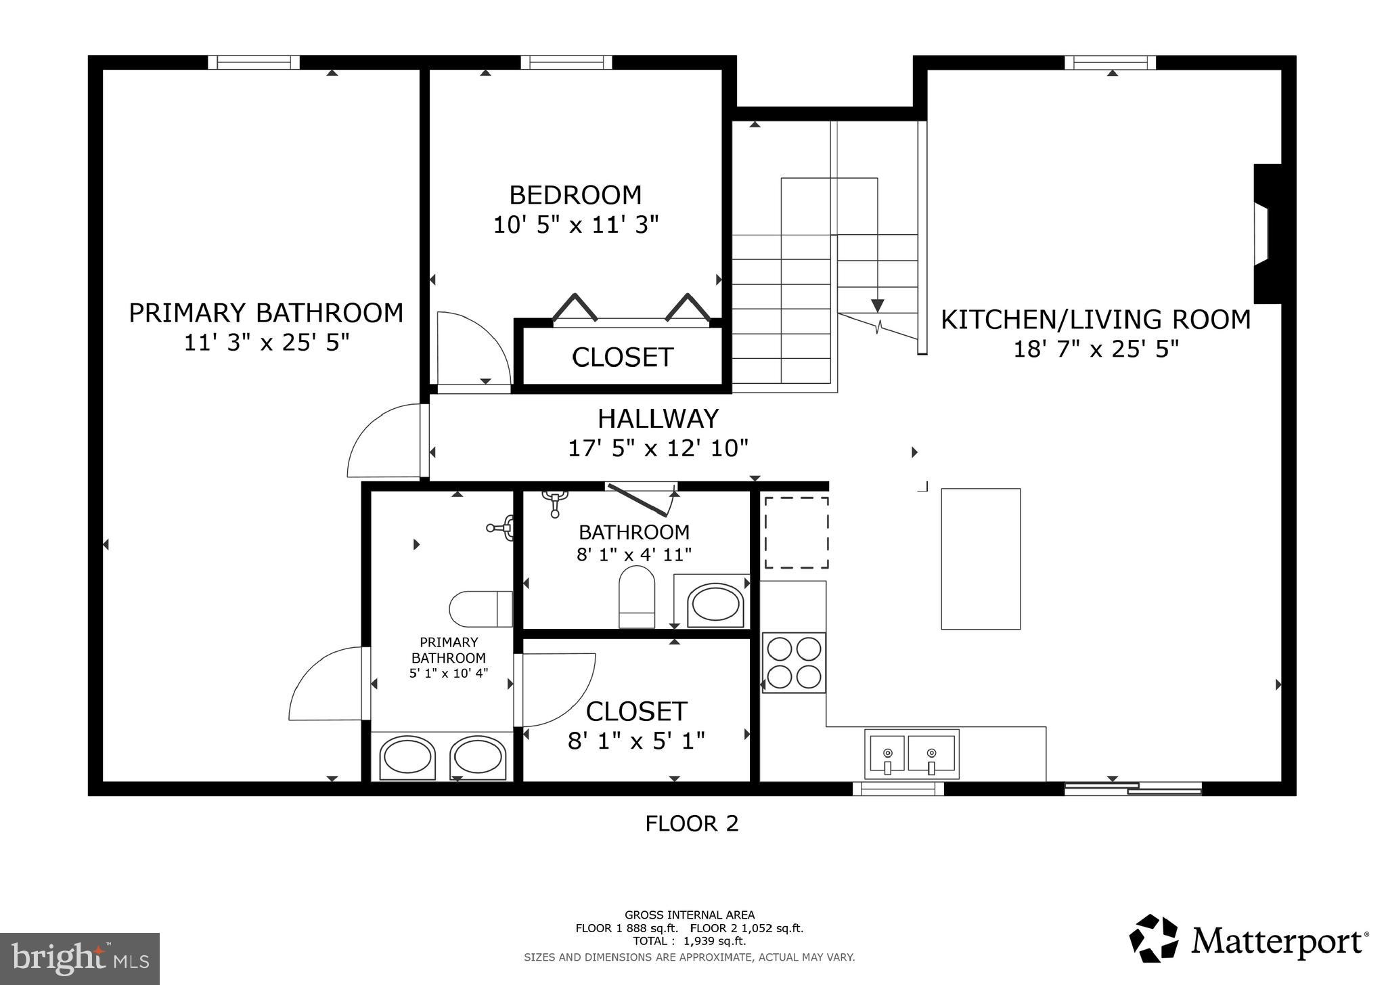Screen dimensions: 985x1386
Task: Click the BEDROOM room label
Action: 575,195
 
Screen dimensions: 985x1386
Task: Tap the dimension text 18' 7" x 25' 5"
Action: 1096,349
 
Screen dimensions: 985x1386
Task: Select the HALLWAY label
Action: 658,419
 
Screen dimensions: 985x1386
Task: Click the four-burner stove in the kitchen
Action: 794,663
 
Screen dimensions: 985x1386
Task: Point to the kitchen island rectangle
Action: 981,559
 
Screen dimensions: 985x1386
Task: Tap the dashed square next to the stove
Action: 797,533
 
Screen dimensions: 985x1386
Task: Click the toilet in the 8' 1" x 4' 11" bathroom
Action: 637,596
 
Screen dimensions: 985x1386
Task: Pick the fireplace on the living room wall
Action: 1266,234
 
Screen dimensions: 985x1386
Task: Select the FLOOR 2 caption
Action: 692,824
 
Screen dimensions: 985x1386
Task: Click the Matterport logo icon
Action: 1155,938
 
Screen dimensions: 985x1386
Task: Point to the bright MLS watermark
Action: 80,959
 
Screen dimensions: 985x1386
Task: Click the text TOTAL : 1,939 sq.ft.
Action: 689,941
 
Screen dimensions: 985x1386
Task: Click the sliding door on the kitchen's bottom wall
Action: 1132,788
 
